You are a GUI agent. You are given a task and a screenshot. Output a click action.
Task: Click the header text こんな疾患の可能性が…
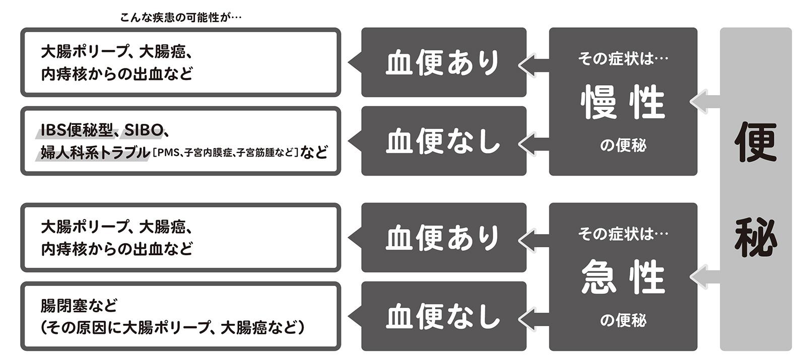click(181, 17)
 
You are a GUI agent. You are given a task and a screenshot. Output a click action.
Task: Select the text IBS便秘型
click(77, 130)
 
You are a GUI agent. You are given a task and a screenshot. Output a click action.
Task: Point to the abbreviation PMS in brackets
click(168, 153)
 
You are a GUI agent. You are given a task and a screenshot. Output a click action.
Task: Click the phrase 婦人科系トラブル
click(95, 153)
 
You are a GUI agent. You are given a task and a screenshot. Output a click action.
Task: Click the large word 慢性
click(623, 102)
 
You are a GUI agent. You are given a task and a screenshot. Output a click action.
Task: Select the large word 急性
click(623, 277)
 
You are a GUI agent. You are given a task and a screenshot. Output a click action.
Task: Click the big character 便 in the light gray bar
click(756, 142)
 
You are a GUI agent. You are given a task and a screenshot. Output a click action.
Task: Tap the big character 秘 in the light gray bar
click(756, 238)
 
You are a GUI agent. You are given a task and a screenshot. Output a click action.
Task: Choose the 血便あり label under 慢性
click(443, 62)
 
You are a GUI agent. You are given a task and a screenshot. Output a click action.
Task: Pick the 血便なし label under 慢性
click(443, 141)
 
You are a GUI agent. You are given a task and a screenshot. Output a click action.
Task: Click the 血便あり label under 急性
click(443, 238)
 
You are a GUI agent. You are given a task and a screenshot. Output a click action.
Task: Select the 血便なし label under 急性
click(443, 317)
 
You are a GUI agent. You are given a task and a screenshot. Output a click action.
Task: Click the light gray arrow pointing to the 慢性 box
click(705, 102)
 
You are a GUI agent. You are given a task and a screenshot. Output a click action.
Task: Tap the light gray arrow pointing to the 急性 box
click(705, 277)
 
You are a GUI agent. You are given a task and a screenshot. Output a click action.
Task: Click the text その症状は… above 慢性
click(623, 58)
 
